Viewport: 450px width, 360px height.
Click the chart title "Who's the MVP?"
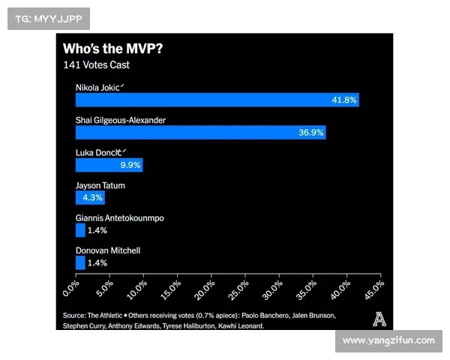click(x=113, y=49)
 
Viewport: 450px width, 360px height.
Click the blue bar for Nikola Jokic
click(x=217, y=100)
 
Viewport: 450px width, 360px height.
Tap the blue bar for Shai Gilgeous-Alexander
click(x=200, y=133)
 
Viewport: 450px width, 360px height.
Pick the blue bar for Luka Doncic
click(x=109, y=165)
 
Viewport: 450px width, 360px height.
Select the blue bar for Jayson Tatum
click(x=90, y=198)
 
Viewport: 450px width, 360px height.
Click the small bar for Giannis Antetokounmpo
click(x=80, y=230)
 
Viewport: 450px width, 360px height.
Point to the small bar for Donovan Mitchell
click(x=80, y=262)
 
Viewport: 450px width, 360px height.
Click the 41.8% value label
click(x=344, y=100)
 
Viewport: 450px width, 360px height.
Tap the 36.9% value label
click(x=310, y=133)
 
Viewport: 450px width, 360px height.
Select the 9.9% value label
click(x=129, y=165)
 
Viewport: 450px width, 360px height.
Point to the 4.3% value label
click(x=93, y=198)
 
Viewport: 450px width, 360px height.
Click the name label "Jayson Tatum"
click(x=100, y=185)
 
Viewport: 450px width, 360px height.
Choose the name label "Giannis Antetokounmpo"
click(x=120, y=217)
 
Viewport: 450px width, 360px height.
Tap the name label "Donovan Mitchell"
click(x=108, y=250)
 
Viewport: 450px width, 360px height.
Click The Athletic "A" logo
click(x=380, y=319)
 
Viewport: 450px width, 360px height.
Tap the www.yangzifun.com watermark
click(x=388, y=340)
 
